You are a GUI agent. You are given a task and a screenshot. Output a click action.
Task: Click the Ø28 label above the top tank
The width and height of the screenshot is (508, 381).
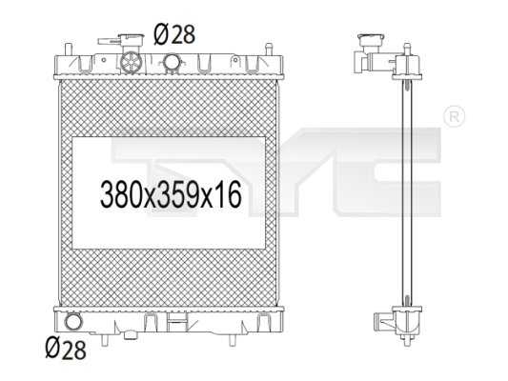[174, 34]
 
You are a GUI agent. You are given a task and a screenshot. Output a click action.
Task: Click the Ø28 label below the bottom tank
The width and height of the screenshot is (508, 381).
[66, 349]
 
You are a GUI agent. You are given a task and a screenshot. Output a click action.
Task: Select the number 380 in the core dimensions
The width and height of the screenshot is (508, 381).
[121, 194]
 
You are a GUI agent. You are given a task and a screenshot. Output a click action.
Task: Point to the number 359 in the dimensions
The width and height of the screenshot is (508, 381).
[177, 194]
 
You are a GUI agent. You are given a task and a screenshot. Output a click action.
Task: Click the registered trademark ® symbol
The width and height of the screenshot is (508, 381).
[454, 116]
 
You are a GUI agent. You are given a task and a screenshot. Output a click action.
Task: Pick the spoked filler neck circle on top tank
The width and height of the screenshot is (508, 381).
[131, 62]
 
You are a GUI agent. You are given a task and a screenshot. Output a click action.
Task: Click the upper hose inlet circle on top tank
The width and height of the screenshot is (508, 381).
[172, 61]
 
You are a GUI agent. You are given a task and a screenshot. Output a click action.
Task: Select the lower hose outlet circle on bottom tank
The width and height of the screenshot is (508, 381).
[74, 321]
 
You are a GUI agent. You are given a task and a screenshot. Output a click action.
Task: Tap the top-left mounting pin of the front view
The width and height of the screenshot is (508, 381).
[68, 50]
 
